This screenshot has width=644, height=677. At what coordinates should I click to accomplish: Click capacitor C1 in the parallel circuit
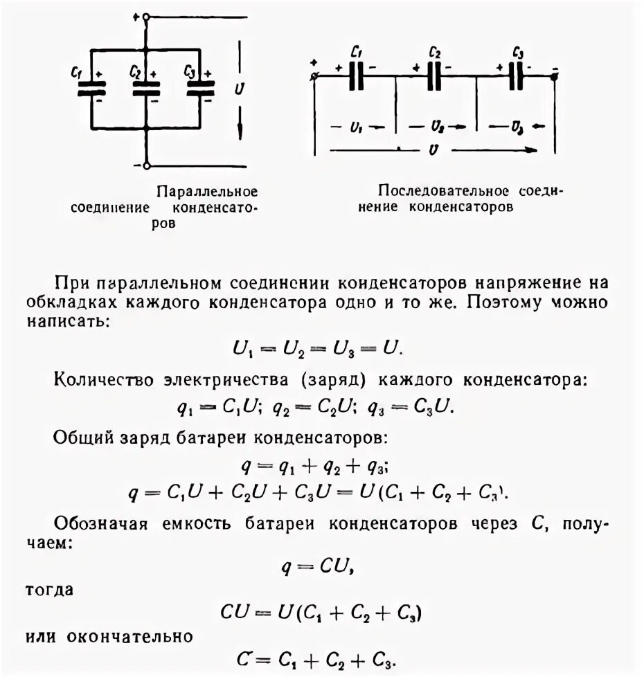91,88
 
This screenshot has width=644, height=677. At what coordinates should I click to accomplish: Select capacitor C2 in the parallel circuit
145,88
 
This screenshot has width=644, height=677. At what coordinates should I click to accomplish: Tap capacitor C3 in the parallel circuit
200,88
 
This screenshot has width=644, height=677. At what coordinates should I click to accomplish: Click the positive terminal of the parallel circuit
146,19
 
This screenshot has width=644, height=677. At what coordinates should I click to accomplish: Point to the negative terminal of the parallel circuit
146,165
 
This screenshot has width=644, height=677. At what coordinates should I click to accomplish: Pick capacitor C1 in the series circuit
357,75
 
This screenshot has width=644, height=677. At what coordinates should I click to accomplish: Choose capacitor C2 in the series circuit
435,75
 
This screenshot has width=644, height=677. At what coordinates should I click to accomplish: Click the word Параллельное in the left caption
207,190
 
